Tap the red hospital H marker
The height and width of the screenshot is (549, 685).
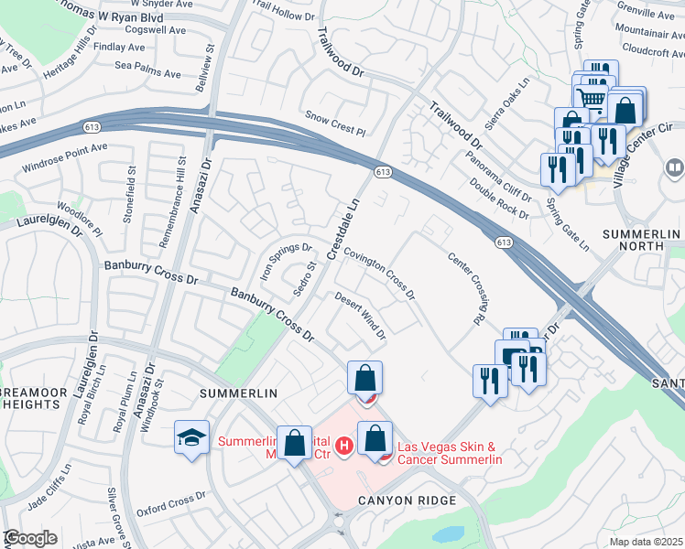[344, 446]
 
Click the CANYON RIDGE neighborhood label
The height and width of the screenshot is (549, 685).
[407, 501]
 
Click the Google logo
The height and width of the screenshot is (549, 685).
[30, 538]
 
